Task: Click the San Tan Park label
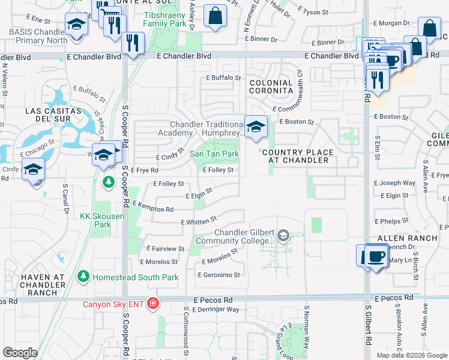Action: pyautogui.click(x=214, y=154)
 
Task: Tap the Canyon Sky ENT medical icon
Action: pyautogui.click(x=153, y=304)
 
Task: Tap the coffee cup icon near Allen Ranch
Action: pyautogui.click(x=375, y=256)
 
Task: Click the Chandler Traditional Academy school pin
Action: pyautogui.click(x=256, y=127)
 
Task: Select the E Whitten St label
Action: pyautogui.click(x=198, y=222)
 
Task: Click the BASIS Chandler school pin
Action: pyautogui.click(x=76, y=25)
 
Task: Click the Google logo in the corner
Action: pyautogui.click(x=20, y=352)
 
